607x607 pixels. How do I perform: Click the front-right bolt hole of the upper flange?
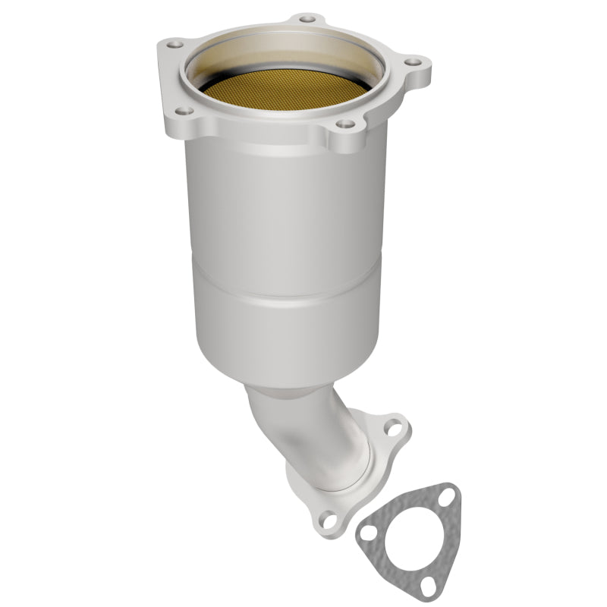[345, 124]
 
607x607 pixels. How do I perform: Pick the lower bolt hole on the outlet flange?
[329, 520]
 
